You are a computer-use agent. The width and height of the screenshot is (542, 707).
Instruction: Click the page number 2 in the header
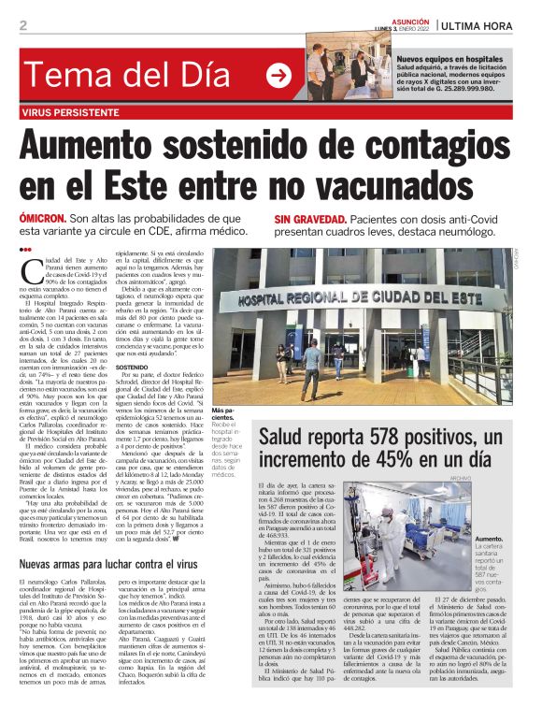tap(23, 25)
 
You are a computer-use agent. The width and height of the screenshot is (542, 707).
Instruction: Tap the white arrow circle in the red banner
tap(278, 77)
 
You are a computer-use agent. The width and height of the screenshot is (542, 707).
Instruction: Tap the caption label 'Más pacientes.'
tap(224, 415)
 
